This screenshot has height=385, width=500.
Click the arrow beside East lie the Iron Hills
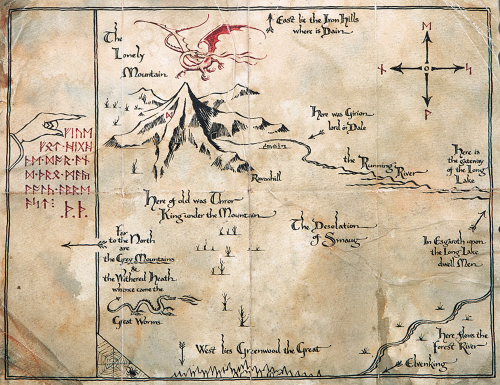pos(270,23)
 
